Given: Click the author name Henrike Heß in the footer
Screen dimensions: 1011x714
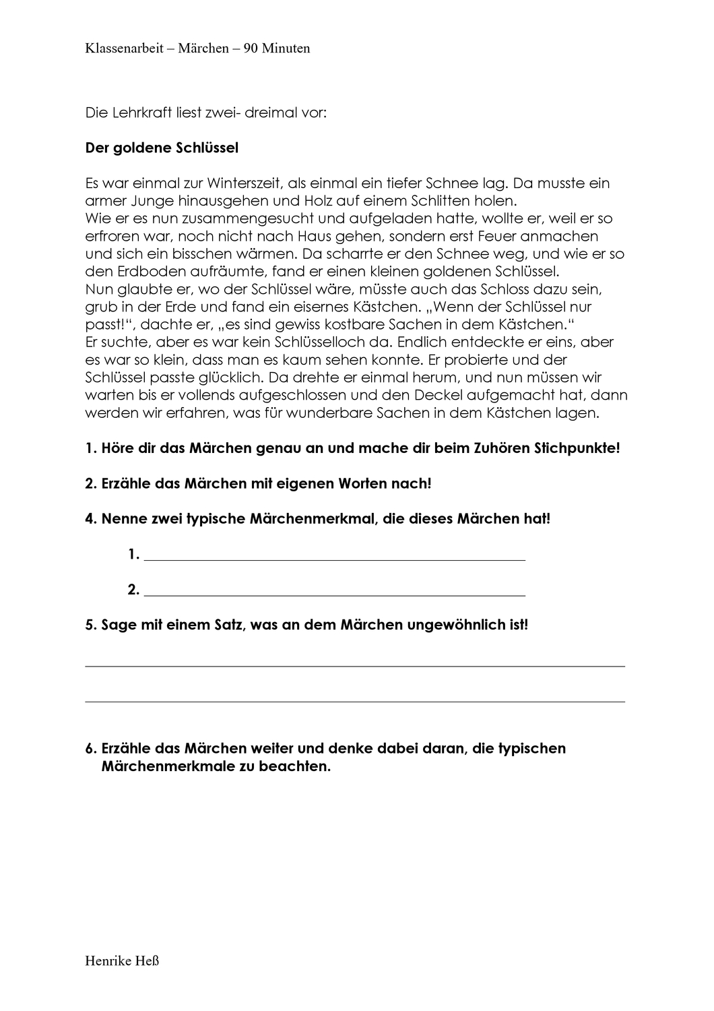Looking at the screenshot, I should (122, 960).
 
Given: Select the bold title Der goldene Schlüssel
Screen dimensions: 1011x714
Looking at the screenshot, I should (162, 148).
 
